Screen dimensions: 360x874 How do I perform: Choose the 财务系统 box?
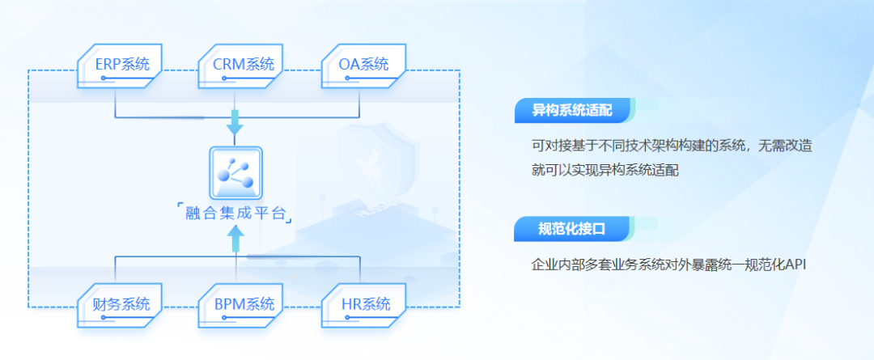pos(121,305)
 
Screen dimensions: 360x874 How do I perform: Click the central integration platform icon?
pos(235,172)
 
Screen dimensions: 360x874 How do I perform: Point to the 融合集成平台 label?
pos(235,214)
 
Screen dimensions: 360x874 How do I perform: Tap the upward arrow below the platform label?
pos(235,237)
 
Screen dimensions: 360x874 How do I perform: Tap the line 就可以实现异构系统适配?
pos(605,171)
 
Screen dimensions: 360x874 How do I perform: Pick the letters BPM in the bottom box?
pos(230,305)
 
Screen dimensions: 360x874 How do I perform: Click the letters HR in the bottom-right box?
pos(350,305)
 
